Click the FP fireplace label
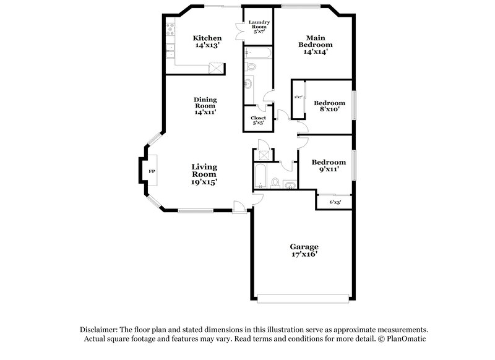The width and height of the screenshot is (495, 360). (x=152, y=170)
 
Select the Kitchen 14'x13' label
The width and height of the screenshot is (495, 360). (x=207, y=41)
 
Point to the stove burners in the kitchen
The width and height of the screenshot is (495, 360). (x=170, y=30)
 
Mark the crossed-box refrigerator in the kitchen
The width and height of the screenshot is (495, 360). (x=215, y=67)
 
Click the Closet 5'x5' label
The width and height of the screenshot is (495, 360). (x=258, y=120)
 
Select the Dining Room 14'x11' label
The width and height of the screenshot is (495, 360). (x=205, y=105)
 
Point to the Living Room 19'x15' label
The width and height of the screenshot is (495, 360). (x=204, y=174)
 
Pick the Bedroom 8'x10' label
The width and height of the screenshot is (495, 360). (x=329, y=106)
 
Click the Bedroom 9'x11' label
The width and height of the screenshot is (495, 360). (x=329, y=166)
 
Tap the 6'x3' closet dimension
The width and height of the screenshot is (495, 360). (x=335, y=202)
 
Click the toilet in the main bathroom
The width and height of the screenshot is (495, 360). (x=251, y=66)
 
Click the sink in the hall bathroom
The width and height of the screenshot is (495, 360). (x=290, y=184)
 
